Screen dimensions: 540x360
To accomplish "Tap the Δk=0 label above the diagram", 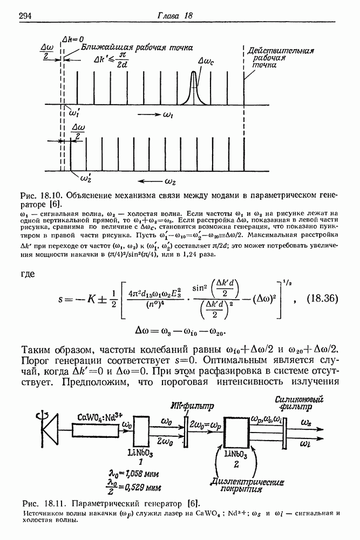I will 73,39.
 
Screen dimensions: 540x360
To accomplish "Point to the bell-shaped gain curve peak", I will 194,74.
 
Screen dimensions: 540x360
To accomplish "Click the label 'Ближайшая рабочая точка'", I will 137,48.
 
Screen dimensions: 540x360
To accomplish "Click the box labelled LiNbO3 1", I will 140,431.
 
